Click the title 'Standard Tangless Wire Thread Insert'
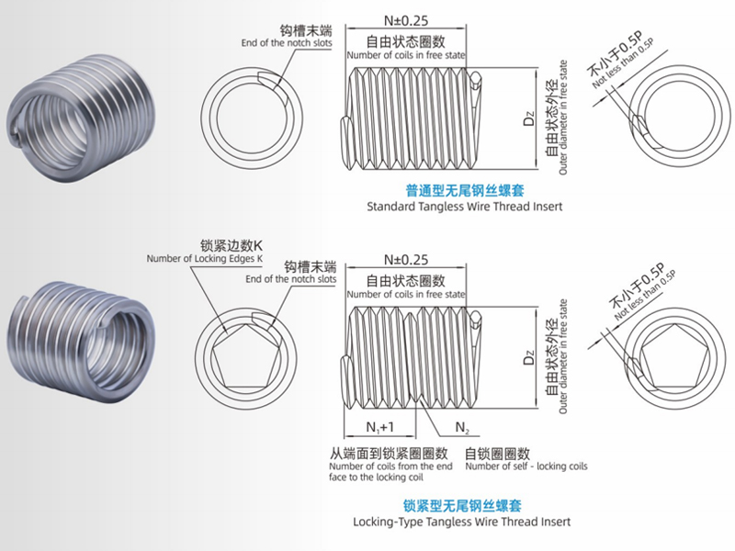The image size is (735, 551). (x=464, y=207)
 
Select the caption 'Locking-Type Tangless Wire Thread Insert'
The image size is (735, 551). (x=461, y=522)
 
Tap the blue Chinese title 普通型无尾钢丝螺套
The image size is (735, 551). (x=464, y=192)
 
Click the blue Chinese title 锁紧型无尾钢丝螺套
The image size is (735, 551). (x=463, y=505)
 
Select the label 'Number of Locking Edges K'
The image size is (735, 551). (x=205, y=259)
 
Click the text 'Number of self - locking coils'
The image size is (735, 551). (x=526, y=467)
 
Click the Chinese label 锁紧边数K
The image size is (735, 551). (x=232, y=245)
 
